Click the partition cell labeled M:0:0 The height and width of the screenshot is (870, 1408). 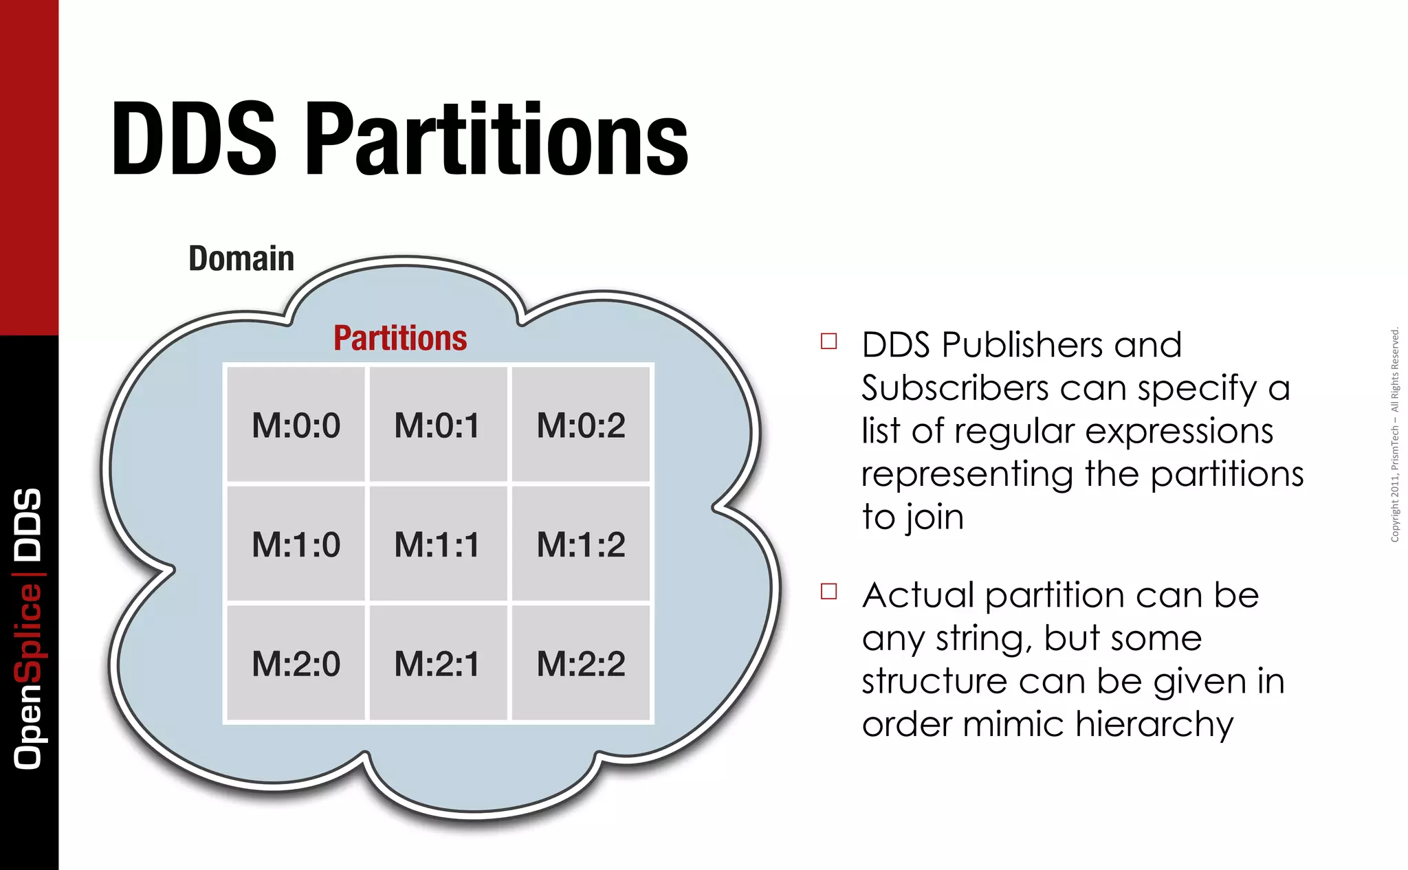click(296, 425)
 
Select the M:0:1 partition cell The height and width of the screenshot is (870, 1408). click(437, 425)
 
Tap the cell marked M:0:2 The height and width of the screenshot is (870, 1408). click(581, 425)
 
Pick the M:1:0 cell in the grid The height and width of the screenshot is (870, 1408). click(296, 544)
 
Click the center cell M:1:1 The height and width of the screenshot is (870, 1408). click(437, 544)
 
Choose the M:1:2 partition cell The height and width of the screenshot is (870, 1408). click(581, 544)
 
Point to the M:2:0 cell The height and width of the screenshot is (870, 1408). click(296, 664)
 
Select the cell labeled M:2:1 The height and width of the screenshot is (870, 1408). click(437, 664)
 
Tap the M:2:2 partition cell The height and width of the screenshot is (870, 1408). click(581, 664)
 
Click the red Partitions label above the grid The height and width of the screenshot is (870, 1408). click(400, 338)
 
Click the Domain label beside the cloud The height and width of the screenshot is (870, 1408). click(241, 259)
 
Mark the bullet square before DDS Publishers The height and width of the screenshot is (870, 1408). click(829, 342)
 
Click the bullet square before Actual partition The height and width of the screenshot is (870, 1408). click(829, 592)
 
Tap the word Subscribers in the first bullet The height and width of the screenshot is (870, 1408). click(955, 388)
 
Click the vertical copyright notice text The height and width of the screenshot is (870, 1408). click(1395, 435)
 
